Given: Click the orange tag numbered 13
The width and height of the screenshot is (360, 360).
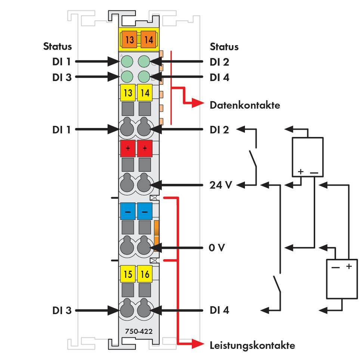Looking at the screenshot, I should coord(129,39).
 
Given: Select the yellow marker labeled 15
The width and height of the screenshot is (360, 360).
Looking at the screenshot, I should coord(128,274).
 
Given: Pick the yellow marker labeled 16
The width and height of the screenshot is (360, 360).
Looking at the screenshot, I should coord(145,274).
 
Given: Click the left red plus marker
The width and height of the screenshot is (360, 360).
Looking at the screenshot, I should coord(128,148).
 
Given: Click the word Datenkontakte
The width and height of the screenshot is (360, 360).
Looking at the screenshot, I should coord(245,105).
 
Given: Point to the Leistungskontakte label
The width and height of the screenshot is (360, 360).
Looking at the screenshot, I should coord(252,345).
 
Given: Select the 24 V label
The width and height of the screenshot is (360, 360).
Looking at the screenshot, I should coord(221,185).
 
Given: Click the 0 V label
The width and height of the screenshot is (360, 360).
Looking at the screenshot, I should coord(217,248).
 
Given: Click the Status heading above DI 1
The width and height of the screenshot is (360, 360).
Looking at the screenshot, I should coord(58,47).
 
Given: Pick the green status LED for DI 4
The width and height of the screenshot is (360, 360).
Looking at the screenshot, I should coord(144,77).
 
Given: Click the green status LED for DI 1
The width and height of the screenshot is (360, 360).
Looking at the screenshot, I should coord(127,61).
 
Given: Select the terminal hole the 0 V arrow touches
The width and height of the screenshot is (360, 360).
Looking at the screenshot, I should coord(144,247).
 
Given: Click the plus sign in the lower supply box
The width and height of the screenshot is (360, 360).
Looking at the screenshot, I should coord(349,267).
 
